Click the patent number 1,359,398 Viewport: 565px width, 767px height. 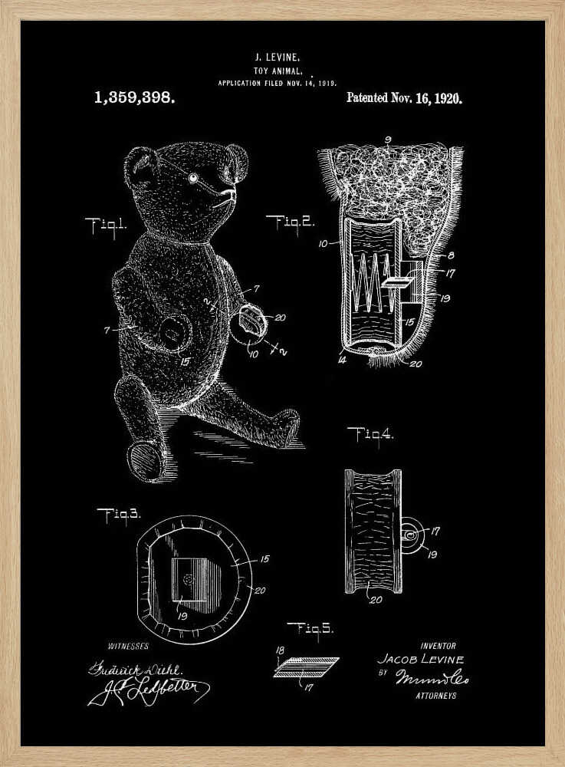(x=134, y=98)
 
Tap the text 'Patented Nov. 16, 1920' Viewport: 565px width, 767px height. (x=404, y=98)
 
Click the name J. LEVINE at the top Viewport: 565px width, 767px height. (x=277, y=57)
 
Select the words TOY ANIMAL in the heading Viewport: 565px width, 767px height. (x=277, y=69)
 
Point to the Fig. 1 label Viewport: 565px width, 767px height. (x=105, y=225)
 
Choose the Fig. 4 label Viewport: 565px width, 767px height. (x=370, y=434)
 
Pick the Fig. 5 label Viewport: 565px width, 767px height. (x=310, y=628)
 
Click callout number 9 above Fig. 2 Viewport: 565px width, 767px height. (x=388, y=139)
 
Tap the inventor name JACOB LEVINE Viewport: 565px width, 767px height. (x=421, y=660)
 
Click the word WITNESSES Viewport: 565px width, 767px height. (x=128, y=647)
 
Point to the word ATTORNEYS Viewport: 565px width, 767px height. (x=435, y=696)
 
